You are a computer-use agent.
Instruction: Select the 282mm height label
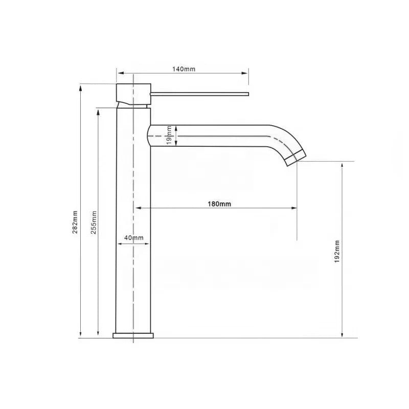point(75,223)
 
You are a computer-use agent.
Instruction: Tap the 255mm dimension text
point(93,223)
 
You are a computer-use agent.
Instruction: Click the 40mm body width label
point(133,238)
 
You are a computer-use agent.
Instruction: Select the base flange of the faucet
point(133,335)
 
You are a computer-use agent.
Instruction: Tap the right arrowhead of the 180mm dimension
point(294,208)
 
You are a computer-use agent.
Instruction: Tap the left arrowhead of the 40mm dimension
point(121,243)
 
